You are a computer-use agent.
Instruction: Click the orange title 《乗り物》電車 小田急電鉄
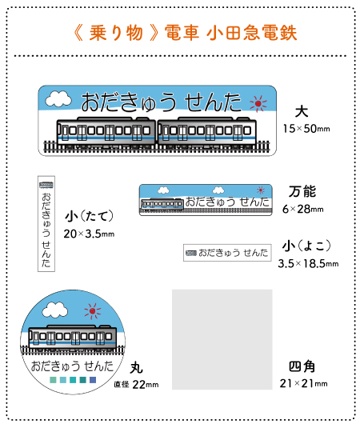point(186,33)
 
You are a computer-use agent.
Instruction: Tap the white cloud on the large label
point(58,99)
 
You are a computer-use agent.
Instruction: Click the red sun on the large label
point(258,103)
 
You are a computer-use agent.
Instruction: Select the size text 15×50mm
point(306,129)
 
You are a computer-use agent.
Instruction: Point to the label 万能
point(302,191)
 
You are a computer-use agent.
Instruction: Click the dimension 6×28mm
point(303,209)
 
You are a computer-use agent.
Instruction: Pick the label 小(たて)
point(89,216)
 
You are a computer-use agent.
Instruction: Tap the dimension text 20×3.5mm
point(89,234)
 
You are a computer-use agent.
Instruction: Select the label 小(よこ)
point(306,246)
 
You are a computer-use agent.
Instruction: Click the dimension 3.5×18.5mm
point(308,264)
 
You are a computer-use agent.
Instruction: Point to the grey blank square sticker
point(222,339)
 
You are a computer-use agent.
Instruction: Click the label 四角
point(302,366)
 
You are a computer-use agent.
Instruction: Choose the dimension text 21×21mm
point(303,383)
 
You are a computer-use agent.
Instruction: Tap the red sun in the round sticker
point(93,311)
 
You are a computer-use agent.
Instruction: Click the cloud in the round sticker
point(55,310)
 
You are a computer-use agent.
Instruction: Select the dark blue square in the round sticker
point(93,380)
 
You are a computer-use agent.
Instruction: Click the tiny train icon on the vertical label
point(46,186)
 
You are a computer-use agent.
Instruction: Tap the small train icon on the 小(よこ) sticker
point(191,253)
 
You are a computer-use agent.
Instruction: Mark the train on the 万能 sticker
point(162,204)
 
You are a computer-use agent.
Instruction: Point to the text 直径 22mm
point(136,385)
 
